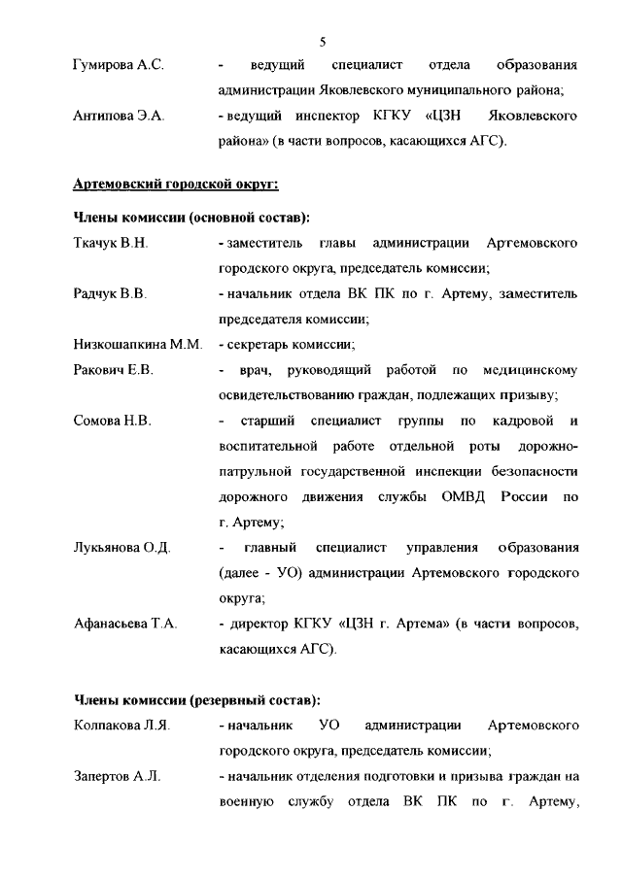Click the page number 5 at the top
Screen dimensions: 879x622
[x=322, y=40]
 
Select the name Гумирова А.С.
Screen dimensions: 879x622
[x=118, y=65]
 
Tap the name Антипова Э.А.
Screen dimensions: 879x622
[x=119, y=117]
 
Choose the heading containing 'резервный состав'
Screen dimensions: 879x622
[x=196, y=699]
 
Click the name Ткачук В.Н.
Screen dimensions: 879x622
[x=111, y=242]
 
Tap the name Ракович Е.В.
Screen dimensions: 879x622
[x=113, y=370]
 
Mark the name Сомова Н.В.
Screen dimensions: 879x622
[x=112, y=422]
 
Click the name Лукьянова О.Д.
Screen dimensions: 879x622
[x=122, y=548]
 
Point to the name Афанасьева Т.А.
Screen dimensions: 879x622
[x=125, y=624]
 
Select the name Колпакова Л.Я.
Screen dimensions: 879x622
[x=121, y=726]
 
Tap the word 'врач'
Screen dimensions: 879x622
[x=255, y=370]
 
